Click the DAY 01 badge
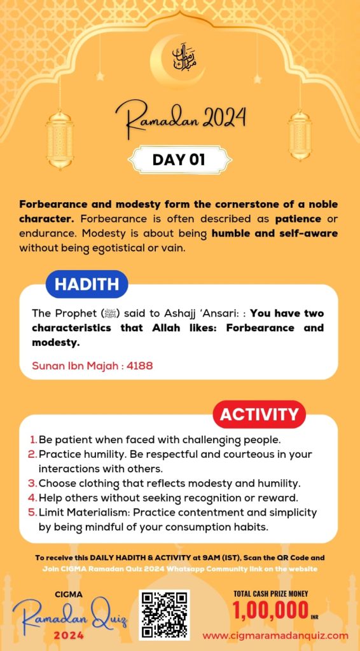click(x=179, y=160)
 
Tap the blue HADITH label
click(x=87, y=284)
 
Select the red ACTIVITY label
click(x=258, y=415)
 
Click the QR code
click(x=164, y=614)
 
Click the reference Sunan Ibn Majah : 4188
click(x=92, y=366)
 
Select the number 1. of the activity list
click(x=33, y=439)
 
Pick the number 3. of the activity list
click(x=33, y=483)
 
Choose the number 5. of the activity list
click(x=33, y=512)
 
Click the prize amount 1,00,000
click(x=271, y=611)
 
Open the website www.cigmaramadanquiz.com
click(x=275, y=635)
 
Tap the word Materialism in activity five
click(x=99, y=512)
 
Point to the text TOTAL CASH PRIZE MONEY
click(x=271, y=594)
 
